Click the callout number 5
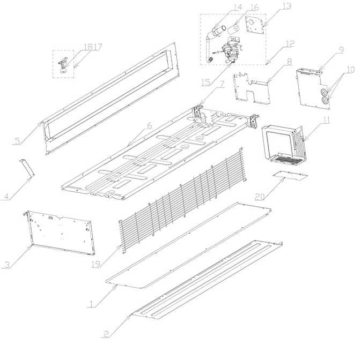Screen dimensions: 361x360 click(18, 141)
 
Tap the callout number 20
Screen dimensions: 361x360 click(260, 197)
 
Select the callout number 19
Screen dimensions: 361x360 click(95, 264)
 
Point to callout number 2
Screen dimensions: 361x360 click(106, 334)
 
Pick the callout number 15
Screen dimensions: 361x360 click(205, 82)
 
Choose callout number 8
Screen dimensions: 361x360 click(290, 62)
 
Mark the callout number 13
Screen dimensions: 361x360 click(287, 6)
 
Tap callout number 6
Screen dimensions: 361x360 click(150, 125)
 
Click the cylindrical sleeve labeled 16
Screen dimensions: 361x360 click(233, 29)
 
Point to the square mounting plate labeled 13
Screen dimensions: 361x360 click(254, 26)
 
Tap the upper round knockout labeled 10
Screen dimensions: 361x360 click(323, 92)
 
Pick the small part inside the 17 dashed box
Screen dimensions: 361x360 click(63, 65)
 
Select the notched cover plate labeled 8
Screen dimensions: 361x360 click(252, 89)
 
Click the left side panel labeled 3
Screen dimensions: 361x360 click(60, 232)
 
